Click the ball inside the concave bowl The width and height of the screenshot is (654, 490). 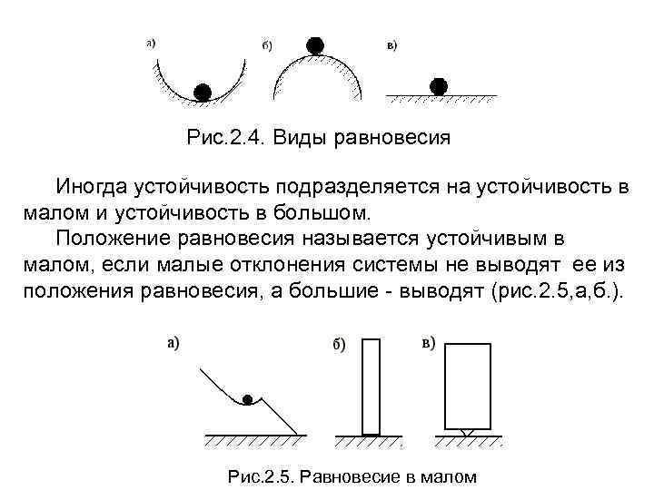203,91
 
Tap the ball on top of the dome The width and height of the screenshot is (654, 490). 315,44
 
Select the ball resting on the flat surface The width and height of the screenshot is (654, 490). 440,86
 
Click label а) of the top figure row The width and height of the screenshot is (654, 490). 151,42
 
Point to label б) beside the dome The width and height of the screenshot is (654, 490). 269,45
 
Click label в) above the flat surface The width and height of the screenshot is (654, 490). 393,45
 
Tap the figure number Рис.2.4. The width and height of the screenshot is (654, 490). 222,139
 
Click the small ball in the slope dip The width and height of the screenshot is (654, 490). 247,398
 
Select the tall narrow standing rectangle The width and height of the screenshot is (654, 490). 371,387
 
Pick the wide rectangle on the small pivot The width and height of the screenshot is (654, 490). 467,386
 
